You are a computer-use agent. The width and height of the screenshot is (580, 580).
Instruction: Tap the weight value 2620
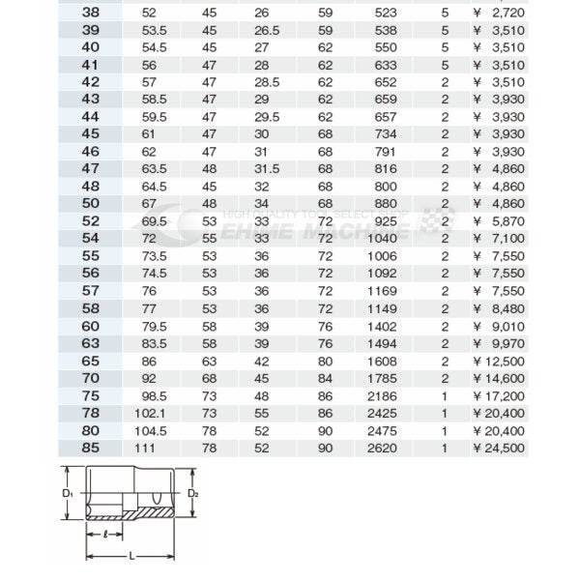[382, 448]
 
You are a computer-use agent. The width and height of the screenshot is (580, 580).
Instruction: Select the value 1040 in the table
[382, 237]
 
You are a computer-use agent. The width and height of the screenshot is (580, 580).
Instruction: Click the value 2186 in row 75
[382, 394]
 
